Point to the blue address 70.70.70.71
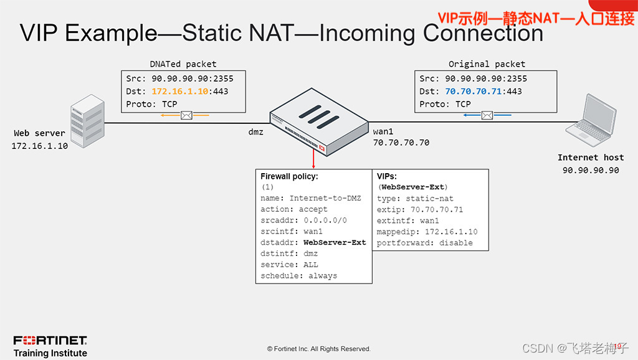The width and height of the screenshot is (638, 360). pyautogui.click(x=474, y=91)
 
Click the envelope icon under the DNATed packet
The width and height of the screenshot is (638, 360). pyautogui.click(x=186, y=115)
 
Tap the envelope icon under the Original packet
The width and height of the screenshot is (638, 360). pyautogui.click(x=487, y=115)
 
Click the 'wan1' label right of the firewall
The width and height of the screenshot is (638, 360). pyautogui.click(x=384, y=132)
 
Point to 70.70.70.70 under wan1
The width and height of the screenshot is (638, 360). pyautogui.click(x=401, y=143)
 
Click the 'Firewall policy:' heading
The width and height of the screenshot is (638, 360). pyautogui.click(x=289, y=176)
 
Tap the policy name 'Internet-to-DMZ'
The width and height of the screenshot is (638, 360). pyautogui.click(x=325, y=198)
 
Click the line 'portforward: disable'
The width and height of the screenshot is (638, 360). pyautogui.click(x=424, y=243)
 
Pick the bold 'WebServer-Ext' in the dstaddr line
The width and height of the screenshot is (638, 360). pyautogui.click(x=335, y=242)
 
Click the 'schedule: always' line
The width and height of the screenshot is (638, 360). pyautogui.click(x=298, y=276)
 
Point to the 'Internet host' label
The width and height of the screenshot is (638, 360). pyautogui.click(x=590, y=158)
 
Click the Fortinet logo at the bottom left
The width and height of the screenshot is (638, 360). pyautogui.click(x=50, y=340)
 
